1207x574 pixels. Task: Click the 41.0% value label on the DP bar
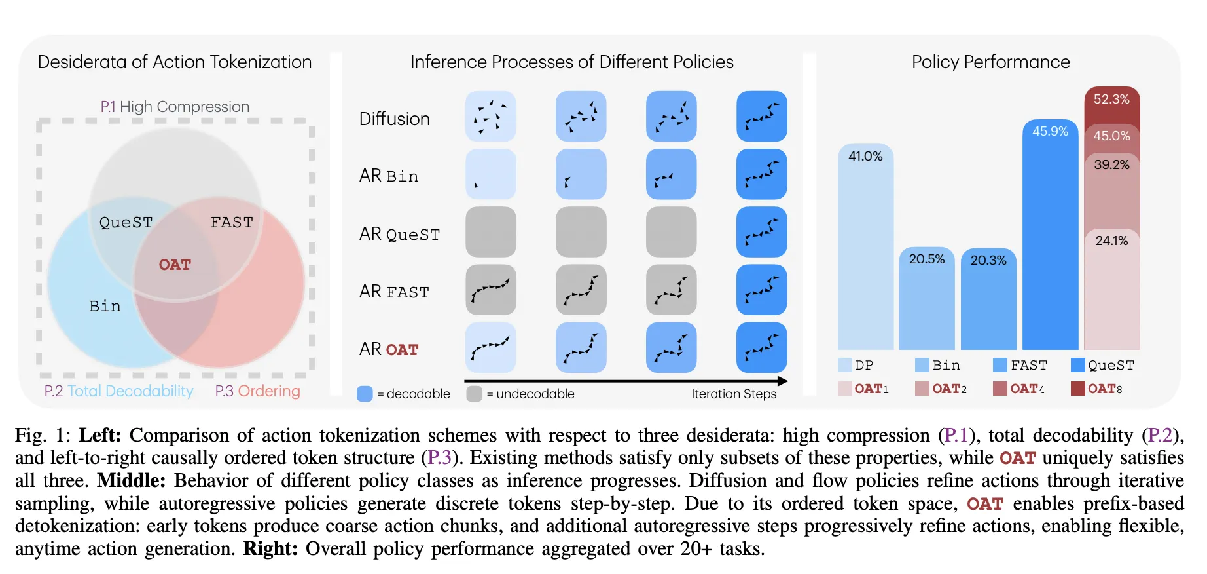(865, 156)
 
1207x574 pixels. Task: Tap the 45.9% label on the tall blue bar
(1050, 131)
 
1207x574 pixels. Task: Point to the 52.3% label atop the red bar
(1111, 99)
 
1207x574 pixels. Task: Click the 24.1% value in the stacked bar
(1111, 240)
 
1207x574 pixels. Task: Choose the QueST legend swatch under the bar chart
(1077, 365)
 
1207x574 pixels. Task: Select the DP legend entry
(856, 365)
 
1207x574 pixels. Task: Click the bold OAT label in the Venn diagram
(175, 265)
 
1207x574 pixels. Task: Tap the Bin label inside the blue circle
(105, 306)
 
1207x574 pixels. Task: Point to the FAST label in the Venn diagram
(232, 223)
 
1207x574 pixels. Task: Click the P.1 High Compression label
(175, 107)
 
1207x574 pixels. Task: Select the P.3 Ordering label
(257, 391)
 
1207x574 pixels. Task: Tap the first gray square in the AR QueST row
(490, 232)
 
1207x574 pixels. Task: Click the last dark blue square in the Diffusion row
(761, 117)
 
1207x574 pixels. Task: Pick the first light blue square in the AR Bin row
(490, 174)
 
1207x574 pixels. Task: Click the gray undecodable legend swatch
(475, 394)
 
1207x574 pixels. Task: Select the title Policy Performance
(990, 62)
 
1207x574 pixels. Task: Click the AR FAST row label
(394, 292)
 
